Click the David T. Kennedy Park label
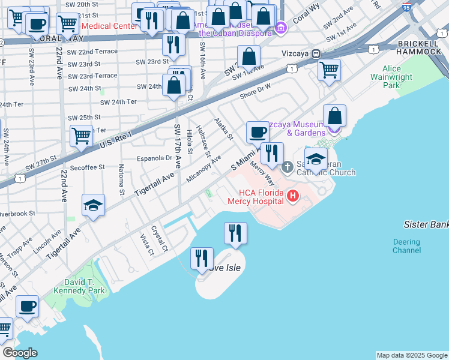tap(83, 286)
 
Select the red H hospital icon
tap(292, 195)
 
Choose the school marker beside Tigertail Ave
tap(94, 206)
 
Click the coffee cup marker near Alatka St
tap(258, 132)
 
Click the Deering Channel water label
tap(406, 246)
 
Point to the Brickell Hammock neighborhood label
tap(419, 47)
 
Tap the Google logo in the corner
tap(20, 353)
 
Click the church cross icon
tap(287, 166)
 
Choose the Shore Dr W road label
tap(255, 90)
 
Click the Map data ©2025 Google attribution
tap(411, 355)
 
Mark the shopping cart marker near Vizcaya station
tap(329, 70)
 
